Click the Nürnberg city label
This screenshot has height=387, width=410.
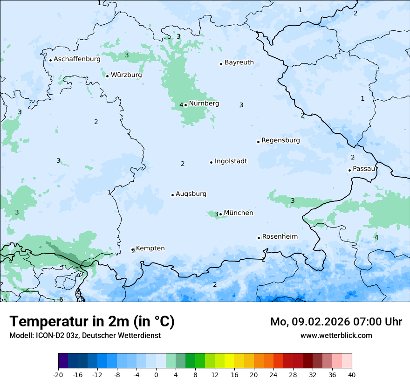pyautogui.click(x=204, y=104)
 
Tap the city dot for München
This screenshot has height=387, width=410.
pyautogui.click(x=221, y=214)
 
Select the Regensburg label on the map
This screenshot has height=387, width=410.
pyautogui.click(x=280, y=140)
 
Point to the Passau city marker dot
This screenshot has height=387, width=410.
pyautogui.click(x=349, y=170)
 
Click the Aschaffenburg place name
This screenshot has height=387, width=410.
pyautogui.click(x=77, y=59)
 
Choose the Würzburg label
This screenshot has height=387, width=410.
pyautogui.click(x=126, y=75)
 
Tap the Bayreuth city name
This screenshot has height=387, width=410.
pyautogui.click(x=239, y=62)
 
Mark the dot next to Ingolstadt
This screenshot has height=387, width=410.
pyautogui.click(x=211, y=162)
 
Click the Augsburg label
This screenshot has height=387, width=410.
pyautogui.click(x=191, y=194)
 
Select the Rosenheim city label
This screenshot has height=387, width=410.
pyautogui.click(x=280, y=237)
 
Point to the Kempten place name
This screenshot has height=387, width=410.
pyautogui.click(x=150, y=249)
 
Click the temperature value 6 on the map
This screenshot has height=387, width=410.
pyautogui.click(x=61, y=299)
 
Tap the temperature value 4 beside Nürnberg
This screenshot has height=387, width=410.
pyautogui.click(x=181, y=105)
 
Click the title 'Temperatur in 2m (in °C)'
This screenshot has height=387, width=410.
pyautogui.click(x=92, y=321)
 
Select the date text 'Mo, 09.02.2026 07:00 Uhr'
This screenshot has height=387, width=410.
pyautogui.click(x=336, y=322)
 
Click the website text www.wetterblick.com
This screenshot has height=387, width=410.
pyautogui.click(x=336, y=335)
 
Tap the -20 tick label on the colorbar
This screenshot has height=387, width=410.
pyautogui.click(x=58, y=374)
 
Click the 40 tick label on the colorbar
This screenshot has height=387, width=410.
pyautogui.click(x=352, y=374)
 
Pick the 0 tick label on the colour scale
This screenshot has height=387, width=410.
pyautogui.click(x=156, y=374)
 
